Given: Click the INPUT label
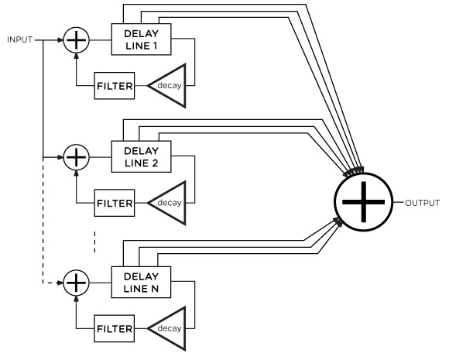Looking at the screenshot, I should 19,39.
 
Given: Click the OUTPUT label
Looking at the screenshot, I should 423,203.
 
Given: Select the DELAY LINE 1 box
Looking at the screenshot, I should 141,39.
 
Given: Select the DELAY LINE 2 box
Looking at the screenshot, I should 141,157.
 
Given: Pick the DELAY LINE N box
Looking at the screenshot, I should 141,283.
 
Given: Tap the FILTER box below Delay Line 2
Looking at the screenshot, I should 114,204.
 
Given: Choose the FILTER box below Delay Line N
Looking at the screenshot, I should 114,329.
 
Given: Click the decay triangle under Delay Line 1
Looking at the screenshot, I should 169,84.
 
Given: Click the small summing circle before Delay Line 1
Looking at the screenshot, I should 76,39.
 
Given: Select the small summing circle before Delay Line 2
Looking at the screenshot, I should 76,157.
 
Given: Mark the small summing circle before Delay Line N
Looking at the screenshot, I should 76,283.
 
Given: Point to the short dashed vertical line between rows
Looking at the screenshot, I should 94,241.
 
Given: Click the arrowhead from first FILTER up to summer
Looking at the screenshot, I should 76,57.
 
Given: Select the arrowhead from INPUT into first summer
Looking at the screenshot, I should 60,39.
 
